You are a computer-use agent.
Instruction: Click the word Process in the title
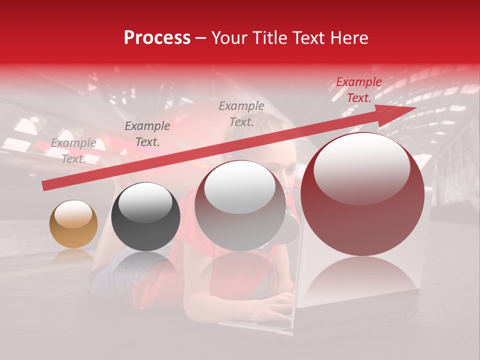(x=157, y=38)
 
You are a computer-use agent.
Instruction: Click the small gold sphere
(x=73, y=224)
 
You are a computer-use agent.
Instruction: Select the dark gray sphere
(x=145, y=216)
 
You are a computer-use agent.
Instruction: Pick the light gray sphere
(x=240, y=205)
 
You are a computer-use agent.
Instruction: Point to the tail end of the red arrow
(x=46, y=185)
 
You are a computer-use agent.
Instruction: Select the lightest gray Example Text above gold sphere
(x=73, y=150)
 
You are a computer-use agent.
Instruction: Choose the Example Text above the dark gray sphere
(x=147, y=133)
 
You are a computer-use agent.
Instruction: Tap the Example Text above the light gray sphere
(x=241, y=113)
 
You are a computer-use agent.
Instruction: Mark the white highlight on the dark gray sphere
(x=145, y=202)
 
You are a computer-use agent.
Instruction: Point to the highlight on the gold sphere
(x=73, y=214)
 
